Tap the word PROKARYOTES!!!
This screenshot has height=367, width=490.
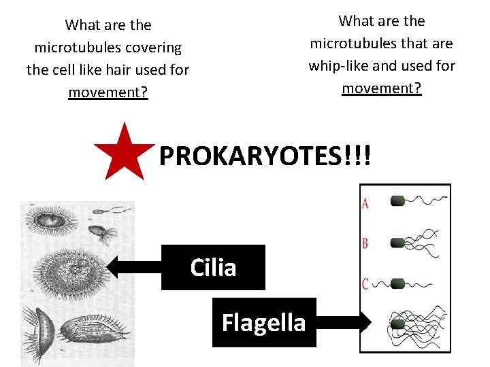[x=265, y=156]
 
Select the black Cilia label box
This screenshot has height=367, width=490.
[x=213, y=267]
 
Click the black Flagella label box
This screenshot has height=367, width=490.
[x=264, y=322]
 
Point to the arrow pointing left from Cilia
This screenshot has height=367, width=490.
[x=133, y=267]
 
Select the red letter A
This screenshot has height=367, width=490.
[x=365, y=203]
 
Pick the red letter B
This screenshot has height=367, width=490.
[x=365, y=243]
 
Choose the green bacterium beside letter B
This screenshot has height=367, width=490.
[x=397, y=243]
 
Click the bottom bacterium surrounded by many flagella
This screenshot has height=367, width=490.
[x=397, y=324]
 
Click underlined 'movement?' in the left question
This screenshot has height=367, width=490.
[x=108, y=92]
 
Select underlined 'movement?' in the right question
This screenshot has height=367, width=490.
[x=382, y=88]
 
